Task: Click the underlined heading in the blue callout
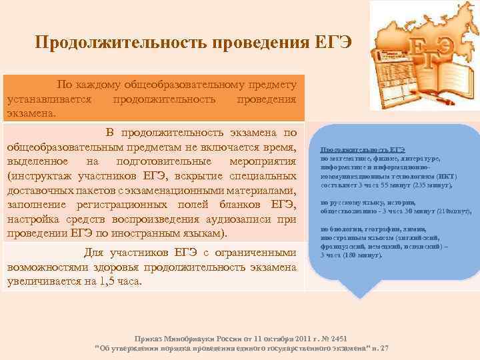tap(363, 150)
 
